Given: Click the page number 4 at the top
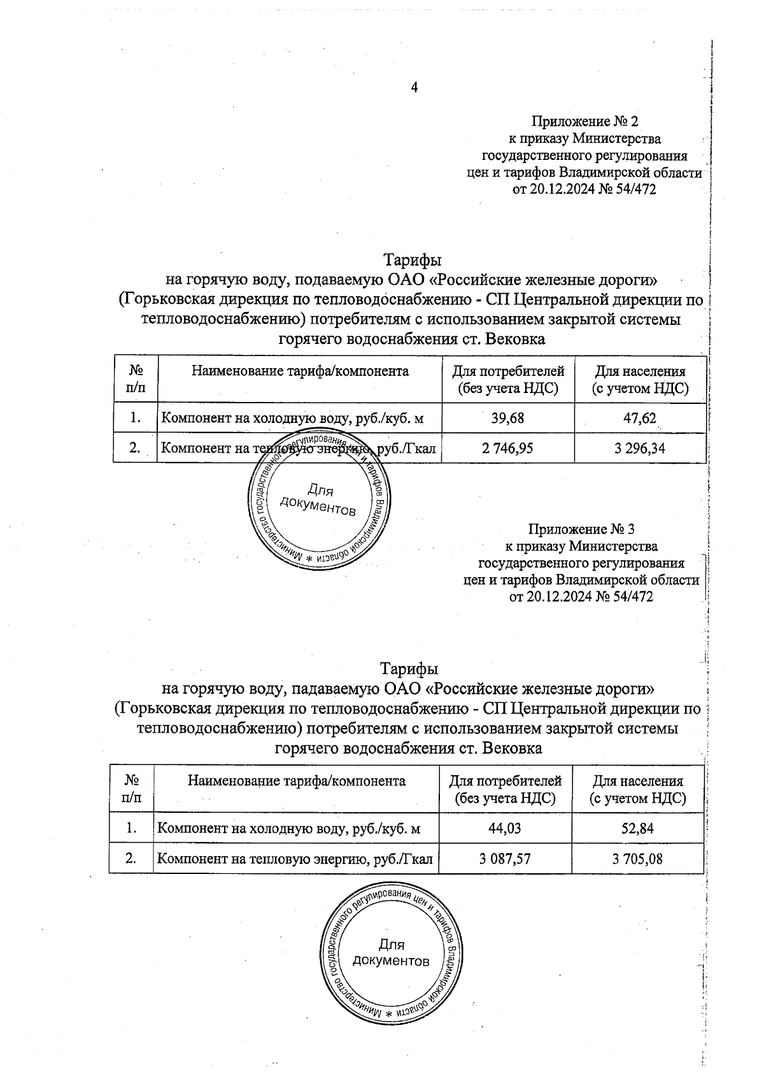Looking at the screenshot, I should click(414, 88).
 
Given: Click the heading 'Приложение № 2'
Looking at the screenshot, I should click(584, 121).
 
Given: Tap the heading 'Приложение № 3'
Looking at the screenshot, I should click(582, 529).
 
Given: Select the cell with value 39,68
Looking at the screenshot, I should click(507, 418).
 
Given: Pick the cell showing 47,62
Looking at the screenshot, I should click(640, 418).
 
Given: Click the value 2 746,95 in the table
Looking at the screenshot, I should click(507, 448).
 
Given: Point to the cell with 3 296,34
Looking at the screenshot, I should click(640, 448).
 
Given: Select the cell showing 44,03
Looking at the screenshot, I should click(505, 828).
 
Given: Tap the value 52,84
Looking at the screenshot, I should click(638, 828).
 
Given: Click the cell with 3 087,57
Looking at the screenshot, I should click(505, 859).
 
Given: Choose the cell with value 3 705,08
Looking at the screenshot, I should click(638, 859).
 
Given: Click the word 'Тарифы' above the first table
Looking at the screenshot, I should click(412, 261).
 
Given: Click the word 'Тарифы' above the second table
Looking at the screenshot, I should click(409, 669).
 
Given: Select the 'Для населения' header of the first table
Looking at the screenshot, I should click(640, 379).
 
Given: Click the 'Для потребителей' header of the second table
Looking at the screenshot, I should click(506, 789).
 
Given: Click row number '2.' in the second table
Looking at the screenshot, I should click(131, 859).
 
